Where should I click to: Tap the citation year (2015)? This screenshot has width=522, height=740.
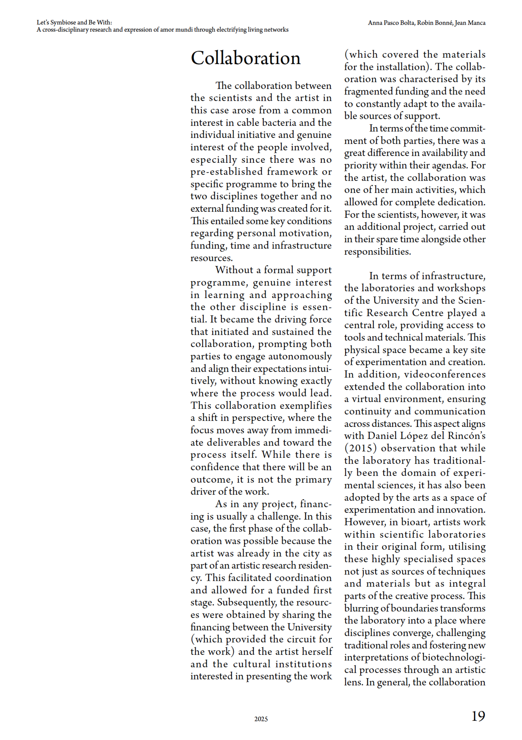point(361,448)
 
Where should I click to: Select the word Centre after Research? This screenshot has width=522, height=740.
point(427,313)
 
